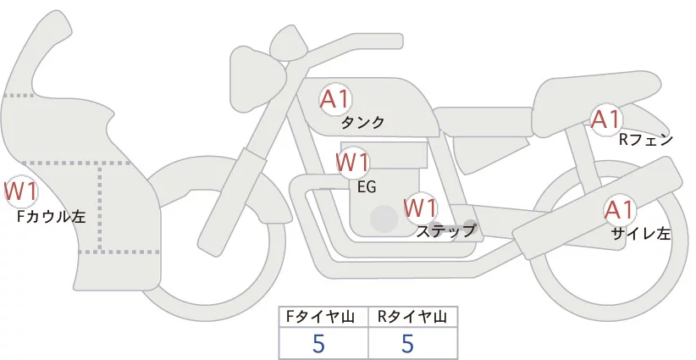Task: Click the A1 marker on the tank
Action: tap(335, 98)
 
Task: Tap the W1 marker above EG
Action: tap(352, 162)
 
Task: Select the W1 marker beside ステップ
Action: tap(420, 207)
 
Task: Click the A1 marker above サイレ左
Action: tap(619, 209)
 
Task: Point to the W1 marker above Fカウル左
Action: tap(20, 190)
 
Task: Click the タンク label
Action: tap(362, 123)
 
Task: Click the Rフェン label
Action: tap(645, 140)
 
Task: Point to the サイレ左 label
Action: tap(640, 234)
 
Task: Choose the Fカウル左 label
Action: tap(51, 216)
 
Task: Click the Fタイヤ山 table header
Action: tap(323, 316)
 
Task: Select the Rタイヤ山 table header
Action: tap(412, 316)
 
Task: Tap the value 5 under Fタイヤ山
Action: tap(318, 344)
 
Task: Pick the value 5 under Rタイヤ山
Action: tap(408, 344)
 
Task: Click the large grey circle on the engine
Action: tap(384, 219)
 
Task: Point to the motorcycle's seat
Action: tap(593, 93)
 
